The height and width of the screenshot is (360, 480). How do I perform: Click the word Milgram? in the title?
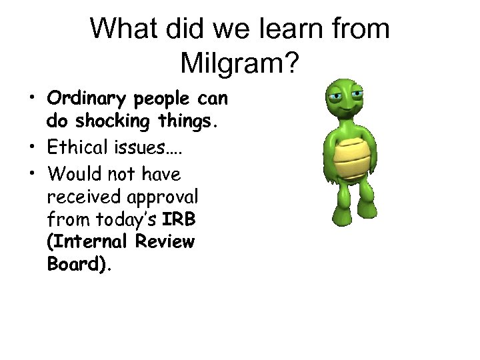tap(240, 64)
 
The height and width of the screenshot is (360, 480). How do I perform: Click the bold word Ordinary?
tap(88, 99)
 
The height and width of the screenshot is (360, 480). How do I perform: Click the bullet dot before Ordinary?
tap(32, 100)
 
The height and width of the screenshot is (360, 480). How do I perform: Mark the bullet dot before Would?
tap(32, 174)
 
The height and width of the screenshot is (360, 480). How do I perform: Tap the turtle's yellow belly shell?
tap(352, 160)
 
